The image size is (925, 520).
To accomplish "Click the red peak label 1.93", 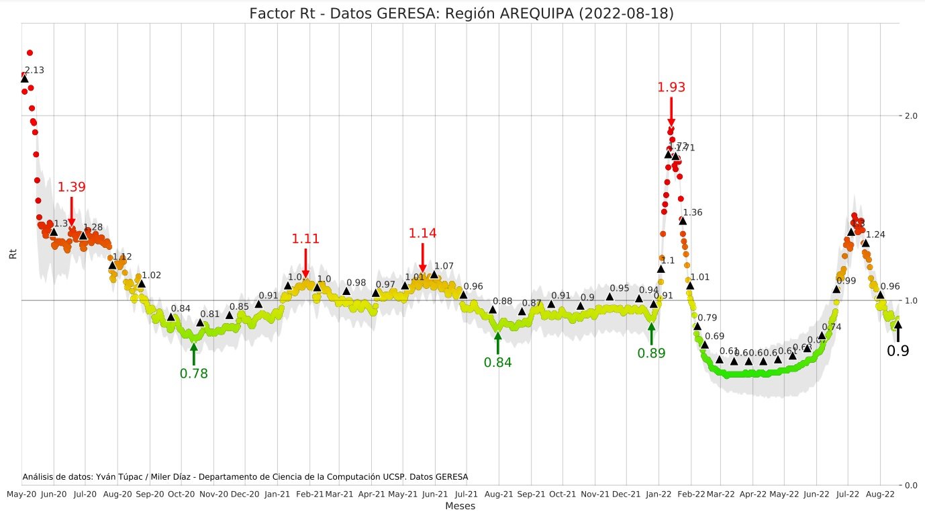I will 671,87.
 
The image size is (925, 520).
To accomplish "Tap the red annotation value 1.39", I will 71,187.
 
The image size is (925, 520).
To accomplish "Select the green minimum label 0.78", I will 193,374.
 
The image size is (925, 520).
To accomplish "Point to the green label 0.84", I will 497,362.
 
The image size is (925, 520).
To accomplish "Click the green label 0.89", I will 651,353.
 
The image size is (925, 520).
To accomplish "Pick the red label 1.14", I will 422,233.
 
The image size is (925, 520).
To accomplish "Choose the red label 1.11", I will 305,239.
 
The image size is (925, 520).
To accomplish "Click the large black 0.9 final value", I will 897,351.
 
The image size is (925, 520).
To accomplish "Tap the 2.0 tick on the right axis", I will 911,116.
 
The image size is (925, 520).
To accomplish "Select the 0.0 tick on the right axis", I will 911,485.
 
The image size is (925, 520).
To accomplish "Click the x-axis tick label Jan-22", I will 659,494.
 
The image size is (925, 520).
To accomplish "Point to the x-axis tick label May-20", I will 22,494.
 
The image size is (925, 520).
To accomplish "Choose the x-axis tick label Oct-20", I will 181,494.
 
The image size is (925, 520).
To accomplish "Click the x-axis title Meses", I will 460,506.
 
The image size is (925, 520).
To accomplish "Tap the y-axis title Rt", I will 11,255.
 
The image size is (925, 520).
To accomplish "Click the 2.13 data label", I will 34,71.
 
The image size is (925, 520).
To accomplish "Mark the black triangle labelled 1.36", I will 683,220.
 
